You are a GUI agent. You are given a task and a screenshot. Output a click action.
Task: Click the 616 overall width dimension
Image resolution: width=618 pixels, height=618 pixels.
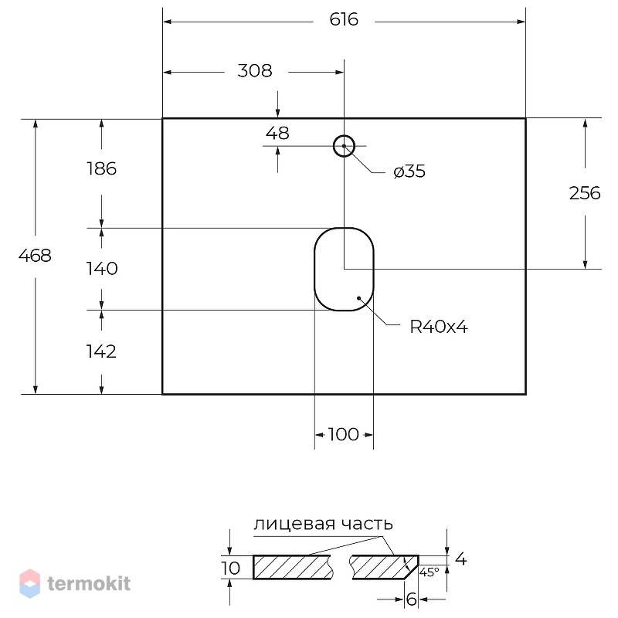[x=344, y=20]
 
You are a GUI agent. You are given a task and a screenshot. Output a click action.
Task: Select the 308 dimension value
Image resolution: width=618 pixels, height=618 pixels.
[x=255, y=71]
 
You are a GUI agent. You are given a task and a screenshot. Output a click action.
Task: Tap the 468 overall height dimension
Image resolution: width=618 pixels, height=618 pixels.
[x=35, y=256]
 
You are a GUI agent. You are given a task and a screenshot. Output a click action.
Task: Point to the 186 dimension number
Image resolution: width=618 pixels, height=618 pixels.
[x=102, y=168]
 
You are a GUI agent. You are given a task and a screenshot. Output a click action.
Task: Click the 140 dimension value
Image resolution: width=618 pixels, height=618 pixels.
[x=102, y=269]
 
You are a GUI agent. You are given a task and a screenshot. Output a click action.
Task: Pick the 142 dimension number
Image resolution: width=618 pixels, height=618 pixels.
[x=101, y=351]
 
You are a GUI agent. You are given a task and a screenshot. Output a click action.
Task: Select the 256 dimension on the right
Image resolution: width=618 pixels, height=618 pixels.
[x=585, y=193]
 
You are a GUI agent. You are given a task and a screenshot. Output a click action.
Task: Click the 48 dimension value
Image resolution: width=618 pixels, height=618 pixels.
[x=277, y=133]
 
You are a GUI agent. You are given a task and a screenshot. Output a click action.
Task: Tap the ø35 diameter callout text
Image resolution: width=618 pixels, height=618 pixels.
[x=409, y=171]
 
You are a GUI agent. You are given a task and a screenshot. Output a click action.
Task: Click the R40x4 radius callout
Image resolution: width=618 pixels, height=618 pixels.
[x=439, y=327]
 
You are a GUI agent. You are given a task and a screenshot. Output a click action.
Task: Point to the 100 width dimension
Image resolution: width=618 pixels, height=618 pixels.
[x=343, y=434]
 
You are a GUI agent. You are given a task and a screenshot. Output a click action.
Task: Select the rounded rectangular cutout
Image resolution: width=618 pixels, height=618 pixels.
[x=314, y=269]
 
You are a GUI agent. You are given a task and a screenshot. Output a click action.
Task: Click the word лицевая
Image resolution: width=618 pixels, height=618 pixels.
[x=294, y=525]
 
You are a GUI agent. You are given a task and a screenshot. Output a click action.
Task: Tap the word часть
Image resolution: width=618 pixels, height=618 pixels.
[x=367, y=525]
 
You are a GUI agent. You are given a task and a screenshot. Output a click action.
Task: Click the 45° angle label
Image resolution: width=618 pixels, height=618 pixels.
[x=430, y=572]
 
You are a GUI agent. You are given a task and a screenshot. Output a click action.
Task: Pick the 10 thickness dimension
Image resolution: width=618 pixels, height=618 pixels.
[x=230, y=569]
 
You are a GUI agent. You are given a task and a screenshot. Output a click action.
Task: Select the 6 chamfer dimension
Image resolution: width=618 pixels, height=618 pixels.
[x=411, y=599]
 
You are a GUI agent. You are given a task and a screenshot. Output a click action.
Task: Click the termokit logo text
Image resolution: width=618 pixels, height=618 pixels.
[x=89, y=583]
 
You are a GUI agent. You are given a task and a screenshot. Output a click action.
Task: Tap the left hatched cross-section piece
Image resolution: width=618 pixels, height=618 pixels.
[x=293, y=568]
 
